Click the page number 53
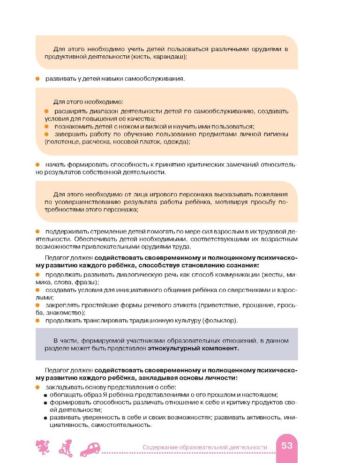287,446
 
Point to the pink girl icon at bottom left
43,448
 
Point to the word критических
193,164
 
